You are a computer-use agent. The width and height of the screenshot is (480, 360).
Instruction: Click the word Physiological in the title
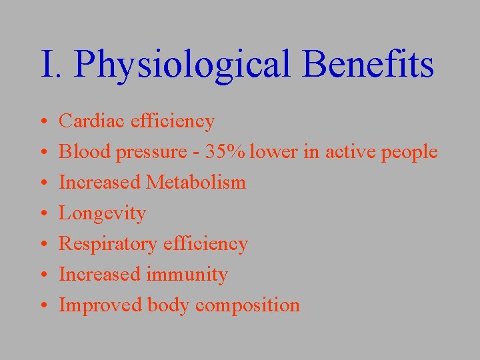(183, 65)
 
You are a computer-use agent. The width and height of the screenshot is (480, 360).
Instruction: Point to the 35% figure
(227, 152)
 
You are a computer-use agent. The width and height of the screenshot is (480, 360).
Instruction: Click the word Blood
(85, 152)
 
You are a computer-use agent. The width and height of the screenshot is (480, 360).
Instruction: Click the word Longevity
(102, 214)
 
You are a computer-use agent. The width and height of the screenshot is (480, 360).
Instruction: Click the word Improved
(101, 306)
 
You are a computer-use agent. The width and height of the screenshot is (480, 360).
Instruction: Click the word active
(350, 152)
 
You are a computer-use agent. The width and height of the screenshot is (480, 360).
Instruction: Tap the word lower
(275, 152)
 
